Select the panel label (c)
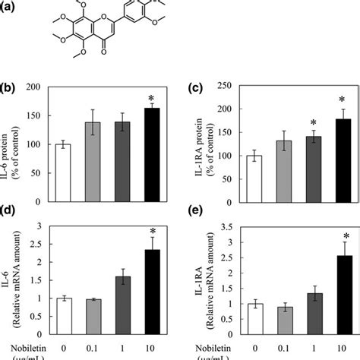[x=194, y=88]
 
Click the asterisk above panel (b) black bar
[x=153, y=99]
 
